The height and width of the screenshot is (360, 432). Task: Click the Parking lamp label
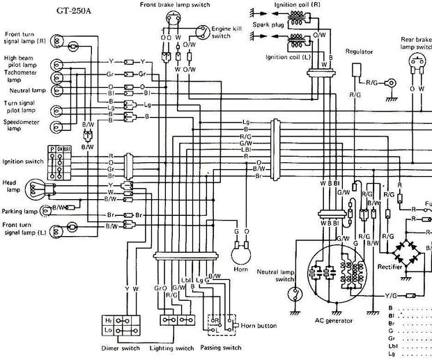click(19, 211)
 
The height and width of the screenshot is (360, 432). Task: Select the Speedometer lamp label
click(21, 124)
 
